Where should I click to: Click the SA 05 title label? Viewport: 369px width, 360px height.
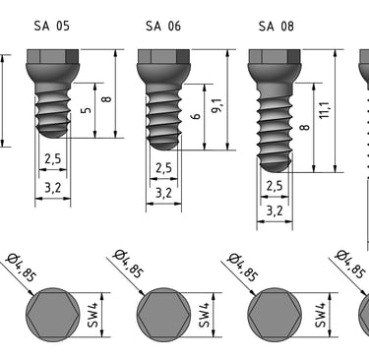[x=52, y=26]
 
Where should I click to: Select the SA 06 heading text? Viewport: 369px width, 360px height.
[x=163, y=26]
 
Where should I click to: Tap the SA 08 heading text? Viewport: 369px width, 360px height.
[x=277, y=27]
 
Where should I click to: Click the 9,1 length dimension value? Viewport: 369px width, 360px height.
[x=216, y=105]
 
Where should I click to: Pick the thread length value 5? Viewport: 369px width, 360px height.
[x=86, y=109]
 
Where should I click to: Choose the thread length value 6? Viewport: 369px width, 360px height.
[x=196, y=116]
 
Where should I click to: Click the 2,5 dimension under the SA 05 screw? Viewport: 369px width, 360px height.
[x=53, y=159]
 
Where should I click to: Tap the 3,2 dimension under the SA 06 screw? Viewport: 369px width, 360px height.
[x=163, y=193]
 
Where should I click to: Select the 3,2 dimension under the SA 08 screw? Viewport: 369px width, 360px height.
[x=275, y=210]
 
